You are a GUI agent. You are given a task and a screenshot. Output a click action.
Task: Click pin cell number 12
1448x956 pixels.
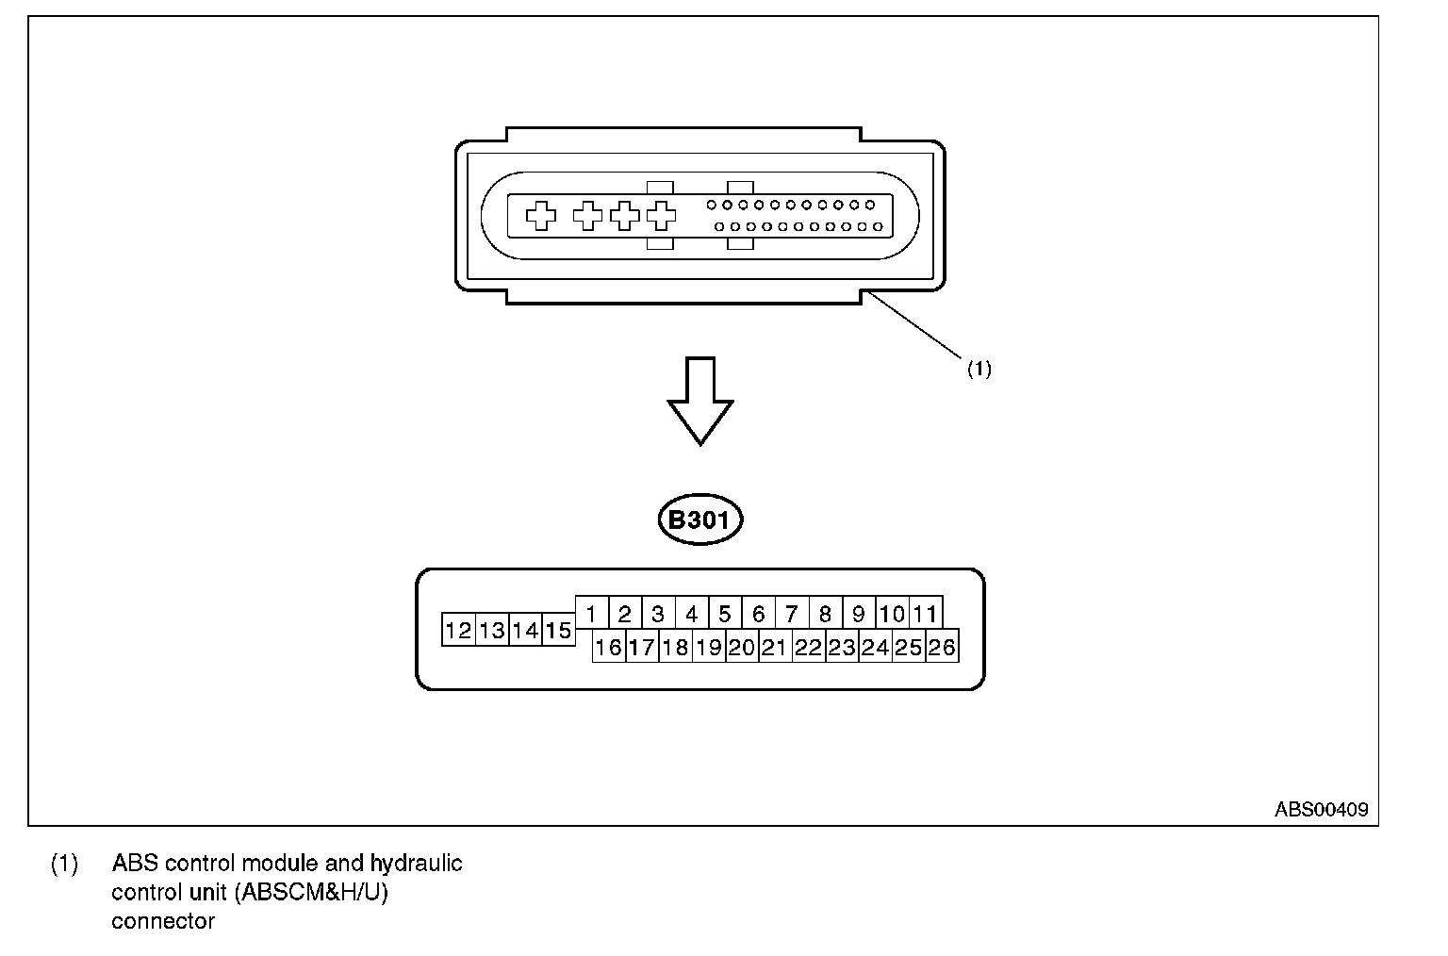tap(458, 630)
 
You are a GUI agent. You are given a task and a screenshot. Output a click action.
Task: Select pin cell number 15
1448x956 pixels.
tap(559, 630)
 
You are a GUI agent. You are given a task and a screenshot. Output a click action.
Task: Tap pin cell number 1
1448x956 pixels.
tap(591, 614)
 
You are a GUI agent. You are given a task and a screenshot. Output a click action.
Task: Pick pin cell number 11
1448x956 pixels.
tap(926, 614)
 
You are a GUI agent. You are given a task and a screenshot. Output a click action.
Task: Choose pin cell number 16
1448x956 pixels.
tap(608, 647)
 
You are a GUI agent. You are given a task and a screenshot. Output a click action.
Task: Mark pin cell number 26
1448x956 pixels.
tap(942, 647)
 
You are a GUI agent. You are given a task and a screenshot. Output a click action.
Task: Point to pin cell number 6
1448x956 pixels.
tap(758, 614)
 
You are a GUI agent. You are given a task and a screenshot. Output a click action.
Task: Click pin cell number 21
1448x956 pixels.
tap(775, 647)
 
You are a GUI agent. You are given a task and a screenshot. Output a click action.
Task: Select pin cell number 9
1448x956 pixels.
tap(858, 614)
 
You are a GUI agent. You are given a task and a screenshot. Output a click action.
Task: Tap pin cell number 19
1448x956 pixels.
tap(708, 647)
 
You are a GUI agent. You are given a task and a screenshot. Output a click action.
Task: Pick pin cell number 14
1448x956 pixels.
tap(525, 630)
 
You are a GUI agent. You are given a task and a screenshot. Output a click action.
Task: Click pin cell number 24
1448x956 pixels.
tap(875, 647)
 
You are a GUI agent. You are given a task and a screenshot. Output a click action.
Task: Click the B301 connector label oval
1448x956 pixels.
tap(699, 519)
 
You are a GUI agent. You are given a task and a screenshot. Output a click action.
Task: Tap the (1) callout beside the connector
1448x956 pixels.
tap(979, 370)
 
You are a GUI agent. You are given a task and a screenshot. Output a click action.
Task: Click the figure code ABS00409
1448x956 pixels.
tap(1321, 809)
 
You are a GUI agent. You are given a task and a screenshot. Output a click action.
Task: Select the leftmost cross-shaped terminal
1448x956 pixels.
tap(540, 216)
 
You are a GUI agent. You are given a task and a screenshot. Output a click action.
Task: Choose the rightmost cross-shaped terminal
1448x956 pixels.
tap(662, 216)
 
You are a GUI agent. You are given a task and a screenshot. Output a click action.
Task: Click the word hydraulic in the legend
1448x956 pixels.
tap(416, 863)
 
